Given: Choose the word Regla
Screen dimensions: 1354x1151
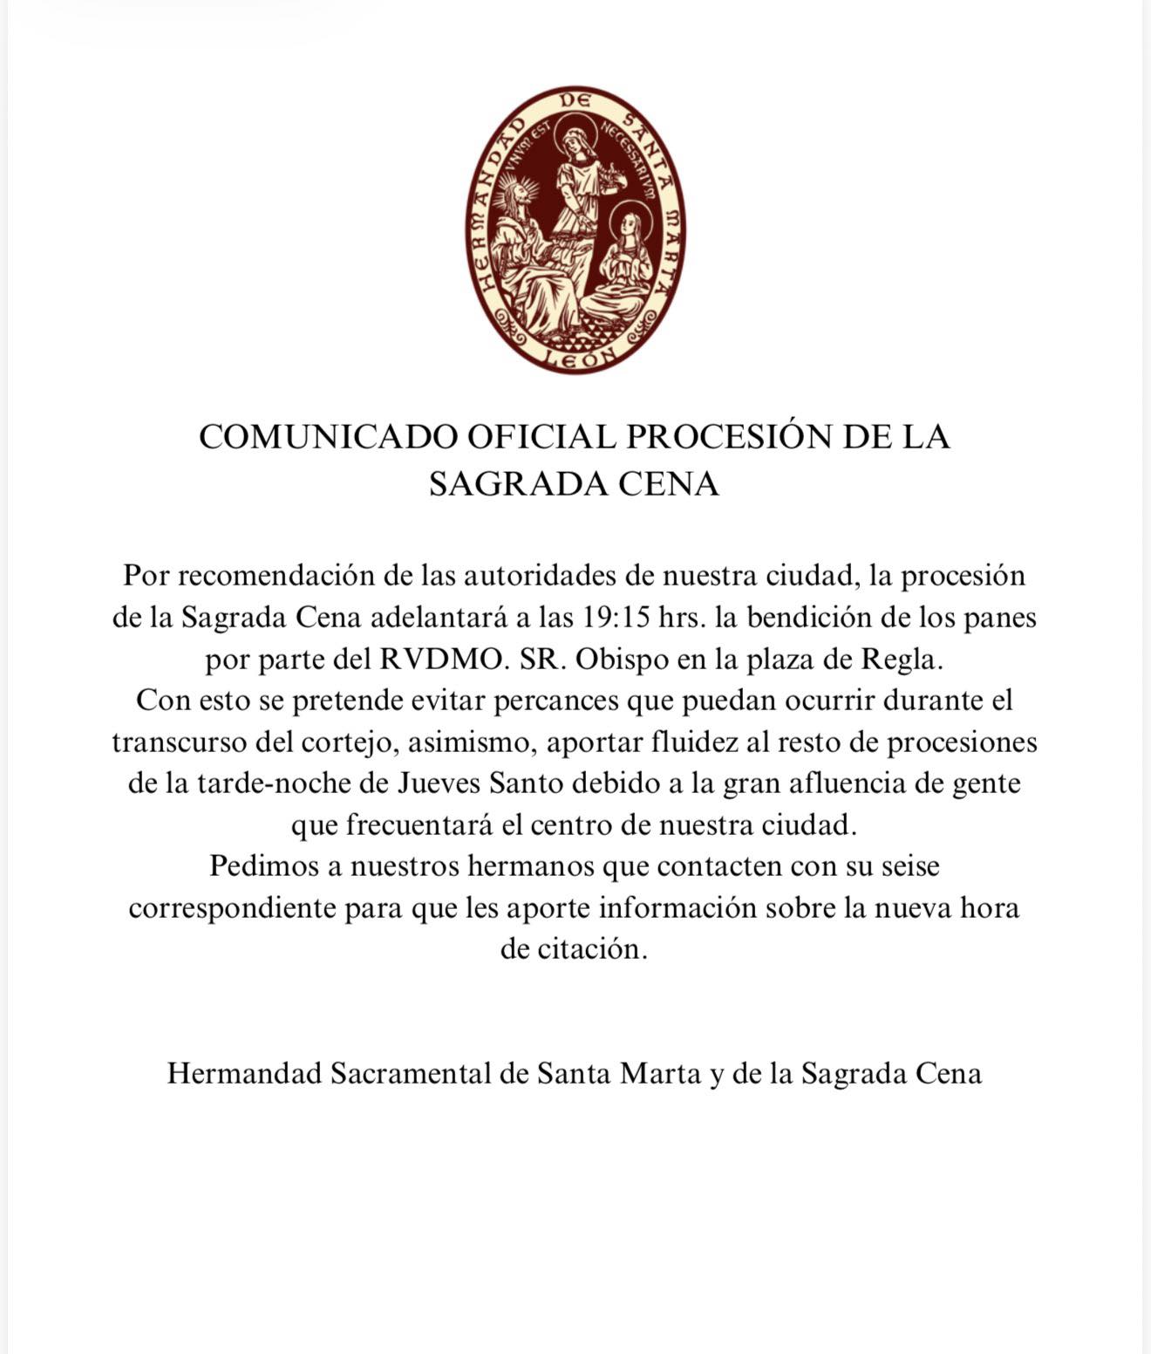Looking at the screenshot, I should coord(902,659).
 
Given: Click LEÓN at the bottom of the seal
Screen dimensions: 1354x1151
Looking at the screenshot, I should coord(576,356).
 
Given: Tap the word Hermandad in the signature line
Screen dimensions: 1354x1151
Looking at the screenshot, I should coord(244,1073).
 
